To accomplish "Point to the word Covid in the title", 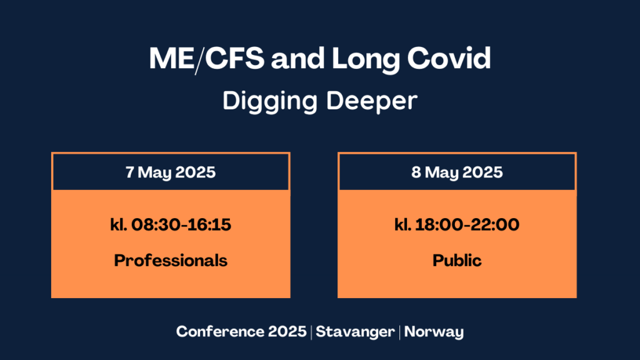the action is tap(449, 58).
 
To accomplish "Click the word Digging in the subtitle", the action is tap(270, 101).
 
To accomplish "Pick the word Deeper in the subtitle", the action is tap(372, 101).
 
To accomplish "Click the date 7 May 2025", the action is tap(171, 172).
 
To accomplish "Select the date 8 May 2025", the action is tap(457, 172).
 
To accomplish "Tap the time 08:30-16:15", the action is tap(181, 224).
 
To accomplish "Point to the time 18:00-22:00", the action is tap(467, 224).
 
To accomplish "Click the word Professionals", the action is tap(171, 261).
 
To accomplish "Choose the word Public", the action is tap(457, 261).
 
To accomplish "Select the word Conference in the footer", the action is tap(220, 331).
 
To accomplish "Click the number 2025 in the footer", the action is tap(287, 331).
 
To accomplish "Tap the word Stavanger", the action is tap(355, 332).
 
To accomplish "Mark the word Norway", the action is tap(434, 332).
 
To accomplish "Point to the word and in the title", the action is tap(298, 58).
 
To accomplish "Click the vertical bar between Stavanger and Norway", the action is tap(399, 332).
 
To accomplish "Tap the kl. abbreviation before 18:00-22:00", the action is tap(402, 224).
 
